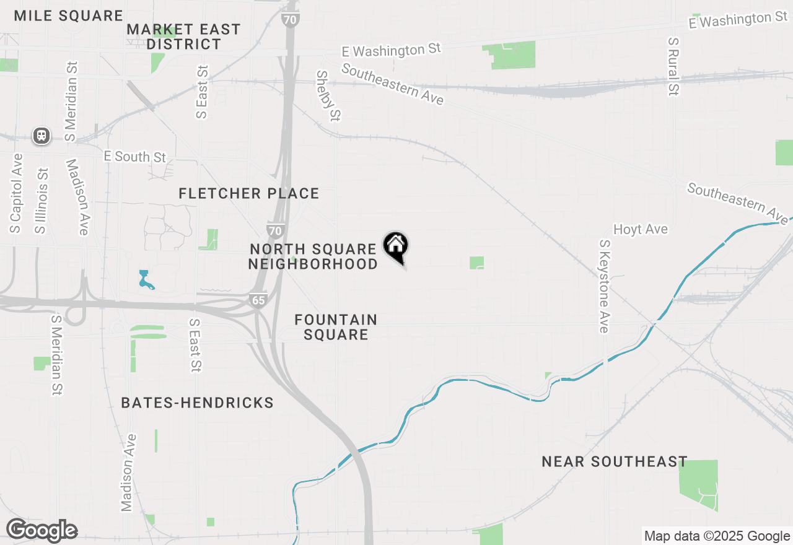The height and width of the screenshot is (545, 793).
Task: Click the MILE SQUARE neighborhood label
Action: pos(68,15)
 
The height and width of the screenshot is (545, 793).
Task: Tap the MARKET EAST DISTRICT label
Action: pos(183,37)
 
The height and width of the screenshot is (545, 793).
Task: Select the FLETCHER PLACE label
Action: pos(248,193)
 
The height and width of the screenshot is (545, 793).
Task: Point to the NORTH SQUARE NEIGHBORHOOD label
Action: pos(313,256)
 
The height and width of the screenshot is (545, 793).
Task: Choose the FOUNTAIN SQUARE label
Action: pos(336,327)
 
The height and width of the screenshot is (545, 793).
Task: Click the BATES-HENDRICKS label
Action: pos(197,403)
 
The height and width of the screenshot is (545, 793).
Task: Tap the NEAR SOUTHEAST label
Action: pos(614,461)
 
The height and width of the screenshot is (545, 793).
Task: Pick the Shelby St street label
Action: pos(328,95)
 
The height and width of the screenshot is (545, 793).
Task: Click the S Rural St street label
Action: pos(673,66)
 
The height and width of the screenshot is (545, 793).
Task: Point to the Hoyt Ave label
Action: pos(640,229)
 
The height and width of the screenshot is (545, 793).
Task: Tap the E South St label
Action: pos(135,156)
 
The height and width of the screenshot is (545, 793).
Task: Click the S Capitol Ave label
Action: pos(16,193)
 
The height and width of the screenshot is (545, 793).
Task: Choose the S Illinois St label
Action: pos(42,201)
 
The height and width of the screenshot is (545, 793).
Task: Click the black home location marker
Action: pos(395,246)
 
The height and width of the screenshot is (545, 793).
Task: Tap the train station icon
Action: pos(42,136)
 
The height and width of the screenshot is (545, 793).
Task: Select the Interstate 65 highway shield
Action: pos(258,300)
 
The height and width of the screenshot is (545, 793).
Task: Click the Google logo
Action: pos(42,531)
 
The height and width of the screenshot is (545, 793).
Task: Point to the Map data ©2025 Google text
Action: pos(717,536)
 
